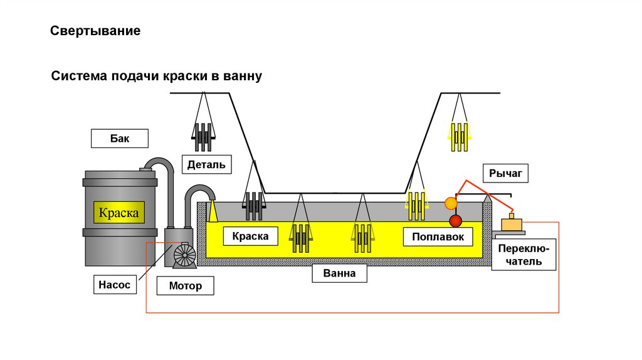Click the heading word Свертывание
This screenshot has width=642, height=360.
pyautogui.click(x=95, y=31)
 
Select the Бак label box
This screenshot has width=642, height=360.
pyautogui.click(x=119, y=138)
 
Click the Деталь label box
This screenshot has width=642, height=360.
pyautogui.click(x=206, y=164)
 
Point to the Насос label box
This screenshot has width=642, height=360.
pyautogui.click(x=113, y=285)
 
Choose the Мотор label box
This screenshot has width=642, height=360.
pyautogui.click(x=186, y=286)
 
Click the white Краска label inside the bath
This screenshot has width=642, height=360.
pyautogui.click(x=250, y=236)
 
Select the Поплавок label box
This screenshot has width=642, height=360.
pyautogui.click(x=438, y=236)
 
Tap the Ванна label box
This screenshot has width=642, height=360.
pyautogui.click(x=339, y=273)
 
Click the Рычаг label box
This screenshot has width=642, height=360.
pyautogui.click(x=505, y=172)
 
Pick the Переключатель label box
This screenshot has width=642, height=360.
pyautogui.click(x=524, y=255)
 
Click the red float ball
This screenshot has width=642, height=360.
pyautogui.click(x=455, y=221)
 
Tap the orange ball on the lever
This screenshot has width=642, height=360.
pyautogui.click(x=451, y=203)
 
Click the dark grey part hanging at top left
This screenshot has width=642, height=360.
pyautogui.click(x=203, y=136)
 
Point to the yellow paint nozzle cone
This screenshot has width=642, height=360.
pyautogui.click(x=213, y=211)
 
